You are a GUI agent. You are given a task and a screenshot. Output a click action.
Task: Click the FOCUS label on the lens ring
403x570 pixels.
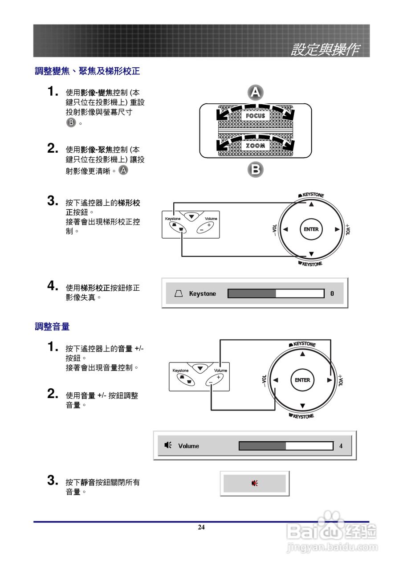[x=255, y=116]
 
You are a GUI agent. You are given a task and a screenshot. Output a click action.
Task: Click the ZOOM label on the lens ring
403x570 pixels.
[x=255, y=146]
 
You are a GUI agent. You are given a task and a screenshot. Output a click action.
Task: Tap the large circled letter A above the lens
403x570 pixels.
[x=255, y=93]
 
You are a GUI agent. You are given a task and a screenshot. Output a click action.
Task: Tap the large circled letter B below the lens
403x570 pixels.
[x=255, y=169]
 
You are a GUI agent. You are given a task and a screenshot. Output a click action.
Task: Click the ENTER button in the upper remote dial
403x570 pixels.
[x=311, y=229]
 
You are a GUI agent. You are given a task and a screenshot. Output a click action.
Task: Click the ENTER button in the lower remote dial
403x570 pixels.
[x=302, y=380]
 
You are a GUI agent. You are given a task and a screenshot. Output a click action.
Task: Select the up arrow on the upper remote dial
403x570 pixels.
[x=311, y=204]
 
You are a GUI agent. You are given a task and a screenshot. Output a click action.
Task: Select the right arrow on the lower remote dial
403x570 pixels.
[x=329, y=380]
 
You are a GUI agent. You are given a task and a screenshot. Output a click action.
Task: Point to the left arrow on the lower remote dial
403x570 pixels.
[x=276, y=380]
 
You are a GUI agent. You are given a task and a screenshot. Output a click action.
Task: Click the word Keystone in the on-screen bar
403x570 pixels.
[x=202, y=293]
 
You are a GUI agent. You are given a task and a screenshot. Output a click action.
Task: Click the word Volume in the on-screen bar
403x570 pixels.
[x=189, y=446]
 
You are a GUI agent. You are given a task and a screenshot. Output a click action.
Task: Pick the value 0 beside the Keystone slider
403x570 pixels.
[x=332, y=293]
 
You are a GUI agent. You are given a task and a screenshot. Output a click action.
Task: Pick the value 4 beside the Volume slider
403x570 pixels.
[x=341, y=446]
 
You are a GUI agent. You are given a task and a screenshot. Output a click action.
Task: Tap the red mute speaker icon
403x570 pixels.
[x=254, y=483]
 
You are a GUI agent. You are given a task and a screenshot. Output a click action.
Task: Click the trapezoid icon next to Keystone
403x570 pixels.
[x=179, y=293]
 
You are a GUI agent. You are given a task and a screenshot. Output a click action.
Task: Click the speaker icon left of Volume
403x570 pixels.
[x=168, y=445]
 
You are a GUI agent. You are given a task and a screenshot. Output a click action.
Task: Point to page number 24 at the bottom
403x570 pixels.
[x=201, y=527]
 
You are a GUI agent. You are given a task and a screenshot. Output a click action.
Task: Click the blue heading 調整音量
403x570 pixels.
[x=53, y=326]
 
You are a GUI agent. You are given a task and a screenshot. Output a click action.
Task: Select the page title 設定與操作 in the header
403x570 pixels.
[x=325, y=50]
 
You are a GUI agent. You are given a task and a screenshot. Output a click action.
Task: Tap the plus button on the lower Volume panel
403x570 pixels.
[x=218, y=377]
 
